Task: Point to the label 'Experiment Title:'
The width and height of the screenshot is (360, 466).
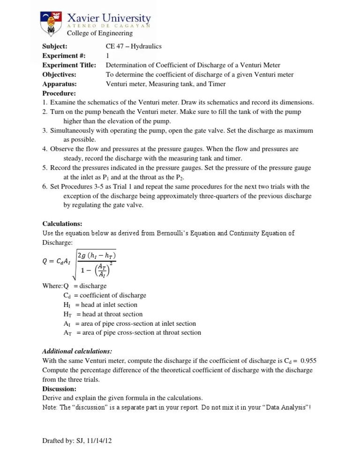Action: point(69,65)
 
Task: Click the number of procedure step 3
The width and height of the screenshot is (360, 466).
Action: point(45,130)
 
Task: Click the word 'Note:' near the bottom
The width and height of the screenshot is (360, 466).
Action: point(50,407)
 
